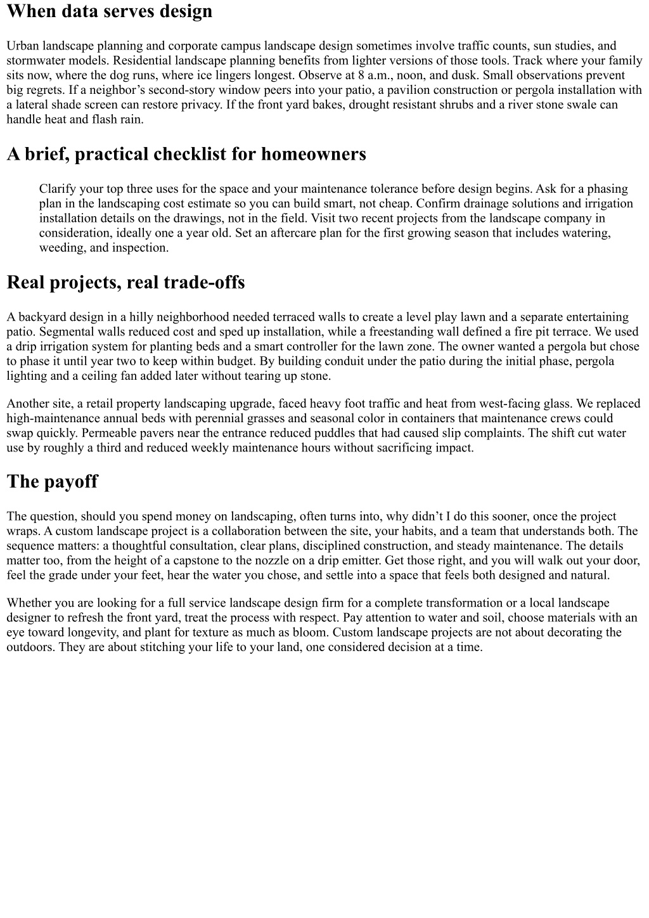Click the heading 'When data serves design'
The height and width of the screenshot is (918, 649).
coord(110,11)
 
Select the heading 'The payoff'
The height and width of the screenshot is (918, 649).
coord(52,481)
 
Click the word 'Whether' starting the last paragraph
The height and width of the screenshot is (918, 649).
coord(29,603)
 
